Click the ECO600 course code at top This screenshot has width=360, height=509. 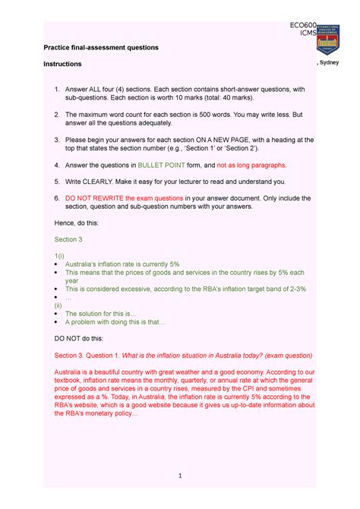point(304,26)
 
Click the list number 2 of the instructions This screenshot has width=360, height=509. point(57,114)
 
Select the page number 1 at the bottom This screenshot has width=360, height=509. point(180,476)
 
